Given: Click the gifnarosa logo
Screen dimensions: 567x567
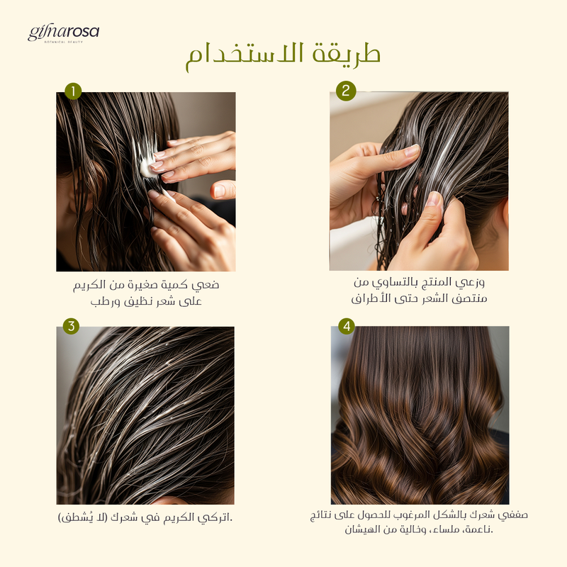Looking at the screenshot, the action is coord(63,33).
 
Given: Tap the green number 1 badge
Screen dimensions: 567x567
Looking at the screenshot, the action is coord(73,91).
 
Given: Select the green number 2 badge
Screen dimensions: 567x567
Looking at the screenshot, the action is coord(346,91).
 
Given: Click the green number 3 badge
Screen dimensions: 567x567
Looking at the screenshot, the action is coord(71,326).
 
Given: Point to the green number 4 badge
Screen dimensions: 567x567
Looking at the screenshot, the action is coord(347,326).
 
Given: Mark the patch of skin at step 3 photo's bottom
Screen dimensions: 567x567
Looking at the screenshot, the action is coord(170,501).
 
